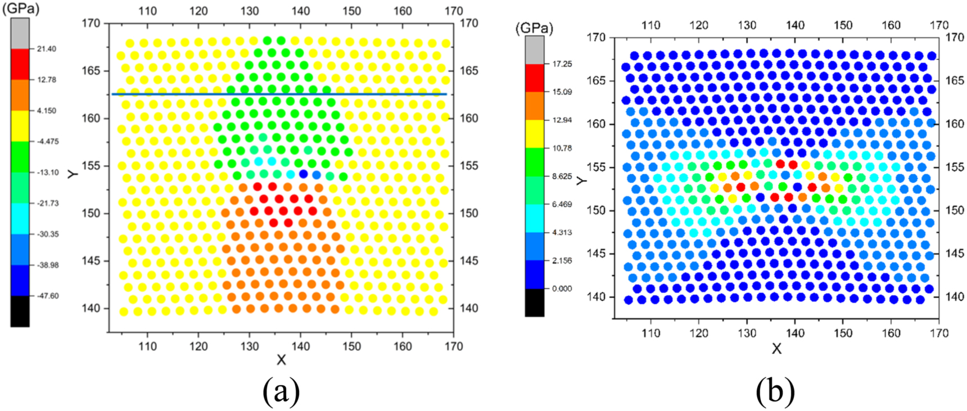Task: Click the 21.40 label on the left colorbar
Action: click(47, 49)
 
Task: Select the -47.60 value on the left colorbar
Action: click(47, 296)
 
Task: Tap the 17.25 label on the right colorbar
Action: click(562, 64)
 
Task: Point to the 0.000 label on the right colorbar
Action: click(562, 288)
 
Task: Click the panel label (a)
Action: click(281, 391)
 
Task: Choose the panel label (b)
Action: click(775, 391)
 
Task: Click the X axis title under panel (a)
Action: click(281, 360)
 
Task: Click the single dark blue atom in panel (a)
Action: click(304, 174)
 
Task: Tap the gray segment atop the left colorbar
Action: click(20, 33)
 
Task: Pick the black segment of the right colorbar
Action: click(535, 302)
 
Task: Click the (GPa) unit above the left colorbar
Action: click(21, 9)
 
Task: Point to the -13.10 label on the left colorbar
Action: click(47, 172)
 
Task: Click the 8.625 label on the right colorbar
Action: click(562, 176)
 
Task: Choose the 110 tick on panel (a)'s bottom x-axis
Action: click(147, 346)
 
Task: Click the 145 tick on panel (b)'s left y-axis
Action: click(596, 254)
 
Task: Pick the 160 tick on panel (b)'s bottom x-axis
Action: click(891, 333)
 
